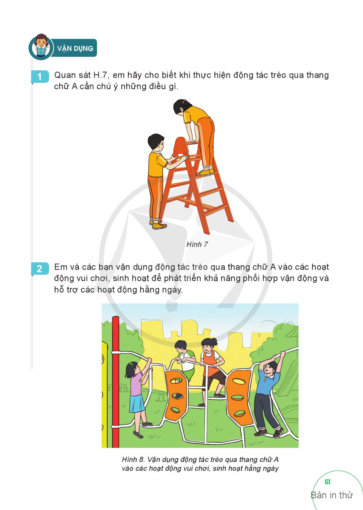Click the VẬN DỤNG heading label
point(75,48)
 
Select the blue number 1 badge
point(40,77)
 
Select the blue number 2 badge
point(40,269)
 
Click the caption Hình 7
point(197,244)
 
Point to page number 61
point(327,482)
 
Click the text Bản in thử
point(332,495)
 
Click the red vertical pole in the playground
point(115,382)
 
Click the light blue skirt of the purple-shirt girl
point(137,404)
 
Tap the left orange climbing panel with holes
point(176,395)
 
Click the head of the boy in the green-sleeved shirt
point(181,348)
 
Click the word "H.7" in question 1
point(100,75)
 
